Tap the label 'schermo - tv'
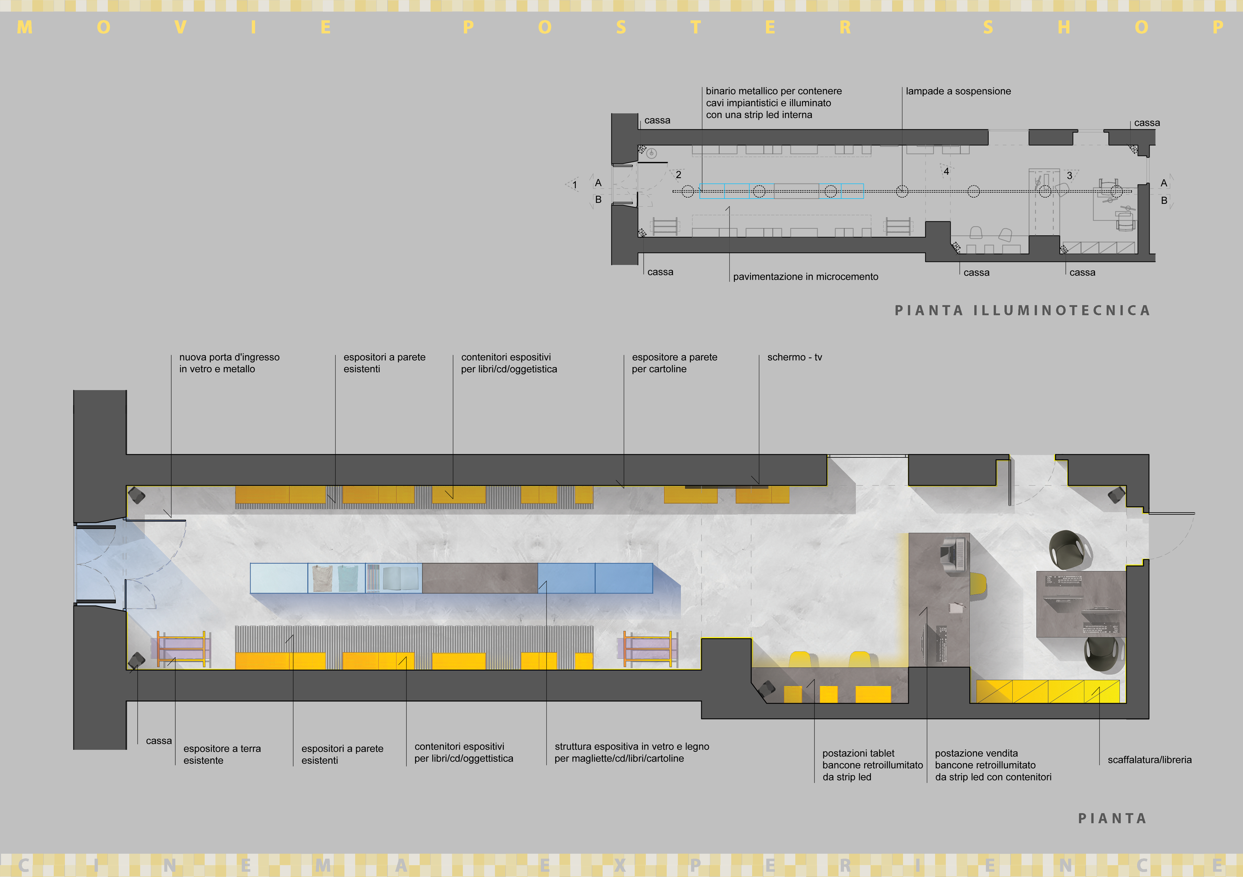794,357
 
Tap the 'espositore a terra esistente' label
222,754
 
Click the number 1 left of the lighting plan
574,185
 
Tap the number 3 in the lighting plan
1069,176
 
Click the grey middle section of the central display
480,578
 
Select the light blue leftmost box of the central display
278,578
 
